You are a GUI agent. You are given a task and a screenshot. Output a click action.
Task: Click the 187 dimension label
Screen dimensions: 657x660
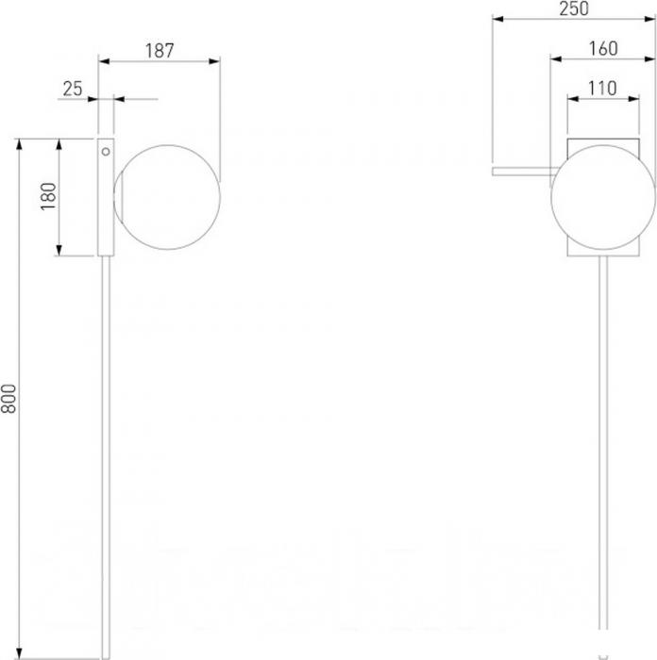[x=160, y=51]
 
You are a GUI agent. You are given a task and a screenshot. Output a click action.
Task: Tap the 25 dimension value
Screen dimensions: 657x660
[x=73, y=89]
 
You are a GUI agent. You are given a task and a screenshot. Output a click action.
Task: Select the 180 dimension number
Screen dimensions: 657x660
[x=48, y=196]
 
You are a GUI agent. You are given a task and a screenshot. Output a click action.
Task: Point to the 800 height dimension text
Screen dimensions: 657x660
[x=8, y=399]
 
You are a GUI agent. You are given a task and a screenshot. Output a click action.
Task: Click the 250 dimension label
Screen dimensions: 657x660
[x=574, y=8]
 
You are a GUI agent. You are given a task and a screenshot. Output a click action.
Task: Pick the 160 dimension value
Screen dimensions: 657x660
[x=603, y=48]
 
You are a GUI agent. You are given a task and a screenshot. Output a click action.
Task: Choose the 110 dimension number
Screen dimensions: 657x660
[x=602, y=89]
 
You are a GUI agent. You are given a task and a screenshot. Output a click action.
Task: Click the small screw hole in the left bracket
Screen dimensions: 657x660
[x=106, y=152]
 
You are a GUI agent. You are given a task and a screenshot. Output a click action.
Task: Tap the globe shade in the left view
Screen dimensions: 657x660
[x=167, y=197]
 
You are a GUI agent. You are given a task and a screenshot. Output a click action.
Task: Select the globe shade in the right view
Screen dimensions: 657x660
[x=603, y=197]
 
